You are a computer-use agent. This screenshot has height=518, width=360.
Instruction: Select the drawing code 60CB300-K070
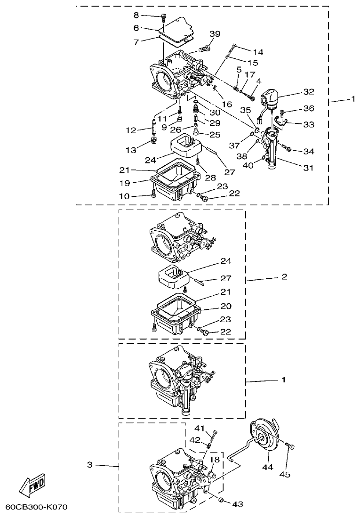(x=36, y=508)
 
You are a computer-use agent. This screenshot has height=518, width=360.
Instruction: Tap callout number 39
(x=215, y=34)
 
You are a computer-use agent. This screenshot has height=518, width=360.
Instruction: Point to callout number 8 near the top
(x=136, y=15)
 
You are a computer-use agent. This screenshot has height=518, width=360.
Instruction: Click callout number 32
(x=308, y=92)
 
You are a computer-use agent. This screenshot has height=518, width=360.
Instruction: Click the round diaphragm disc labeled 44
(x=263, y=436)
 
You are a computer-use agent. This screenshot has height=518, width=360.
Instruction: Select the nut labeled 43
(x=222, y=501)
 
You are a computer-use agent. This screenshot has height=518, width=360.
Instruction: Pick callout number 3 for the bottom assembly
(x=89, y=465)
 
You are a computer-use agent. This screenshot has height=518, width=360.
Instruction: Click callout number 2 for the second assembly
(x=284, y=277)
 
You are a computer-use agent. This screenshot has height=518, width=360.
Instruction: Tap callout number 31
(x=309, y=167)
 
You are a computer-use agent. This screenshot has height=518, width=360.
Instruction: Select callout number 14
(x=258, y=51)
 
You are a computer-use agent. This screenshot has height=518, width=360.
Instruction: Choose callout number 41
(x=200, y=428)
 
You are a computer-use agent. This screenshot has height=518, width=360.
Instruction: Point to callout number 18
(x=215, y=459)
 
